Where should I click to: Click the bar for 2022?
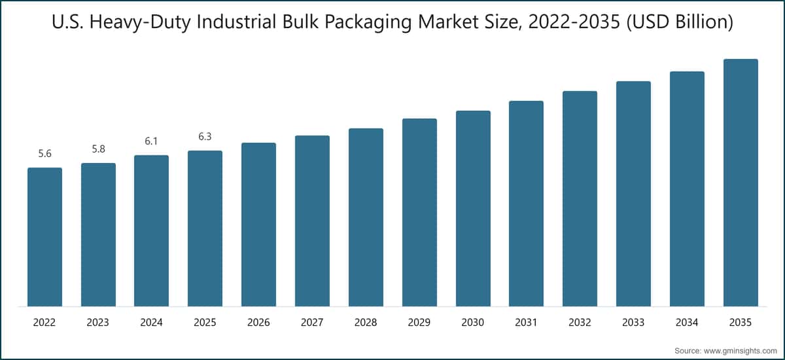[44, 237]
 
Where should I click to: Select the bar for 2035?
[741, 183]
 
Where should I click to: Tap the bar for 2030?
[473, 208]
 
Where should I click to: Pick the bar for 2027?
[312, 221]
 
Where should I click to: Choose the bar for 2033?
[633, 194]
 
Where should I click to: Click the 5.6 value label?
[44, 154]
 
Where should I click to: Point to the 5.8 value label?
[98, 149]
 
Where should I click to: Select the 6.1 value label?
[152, 141]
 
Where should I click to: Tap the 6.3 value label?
[205, 137]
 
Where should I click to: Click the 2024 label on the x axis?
[152, 323]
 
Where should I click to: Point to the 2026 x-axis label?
[258, 323]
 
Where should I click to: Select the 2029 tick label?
[419, 323]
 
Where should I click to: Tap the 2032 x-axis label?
[580, 323]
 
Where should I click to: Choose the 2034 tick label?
[687, 323]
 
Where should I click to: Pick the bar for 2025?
[205, 228]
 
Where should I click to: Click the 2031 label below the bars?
[526, 323]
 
